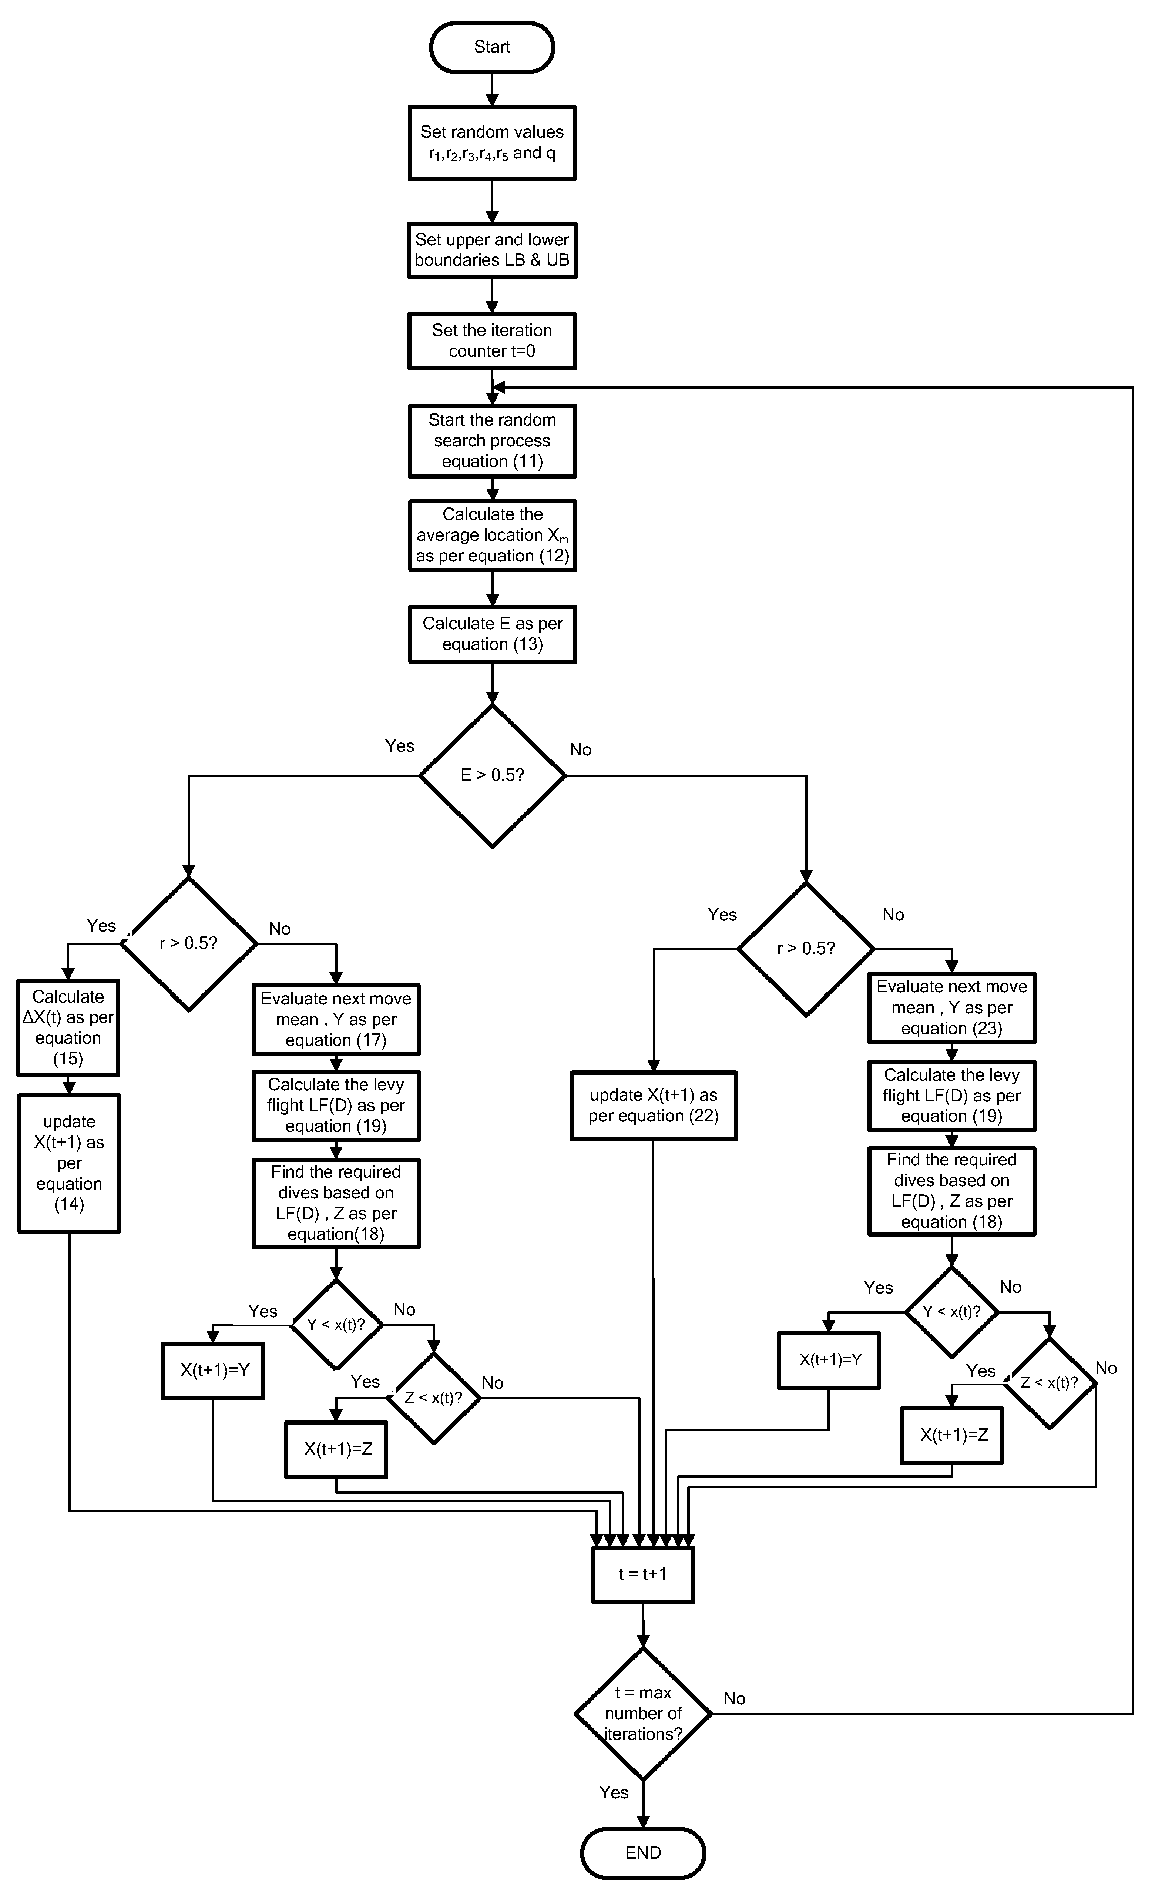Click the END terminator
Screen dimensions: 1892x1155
coord(643,1853)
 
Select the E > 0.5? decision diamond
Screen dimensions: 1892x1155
coord(492,775)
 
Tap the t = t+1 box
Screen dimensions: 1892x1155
coord(643,1574)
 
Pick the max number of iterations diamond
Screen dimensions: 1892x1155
coord(643,1713)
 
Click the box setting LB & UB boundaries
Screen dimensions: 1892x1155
coord(492,250)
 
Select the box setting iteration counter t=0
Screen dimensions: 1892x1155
coord(492,341)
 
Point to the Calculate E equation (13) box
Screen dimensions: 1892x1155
coord(492,634)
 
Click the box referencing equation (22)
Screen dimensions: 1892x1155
coord(654,1106)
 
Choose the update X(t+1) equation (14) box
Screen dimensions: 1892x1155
coord(69,1163)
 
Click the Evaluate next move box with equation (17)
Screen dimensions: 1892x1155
coord(336,1020)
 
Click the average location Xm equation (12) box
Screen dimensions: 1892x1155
coord(492,536)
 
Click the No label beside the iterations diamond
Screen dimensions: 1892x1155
coord(734,1698)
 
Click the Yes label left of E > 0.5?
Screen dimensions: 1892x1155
coord(399,746)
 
